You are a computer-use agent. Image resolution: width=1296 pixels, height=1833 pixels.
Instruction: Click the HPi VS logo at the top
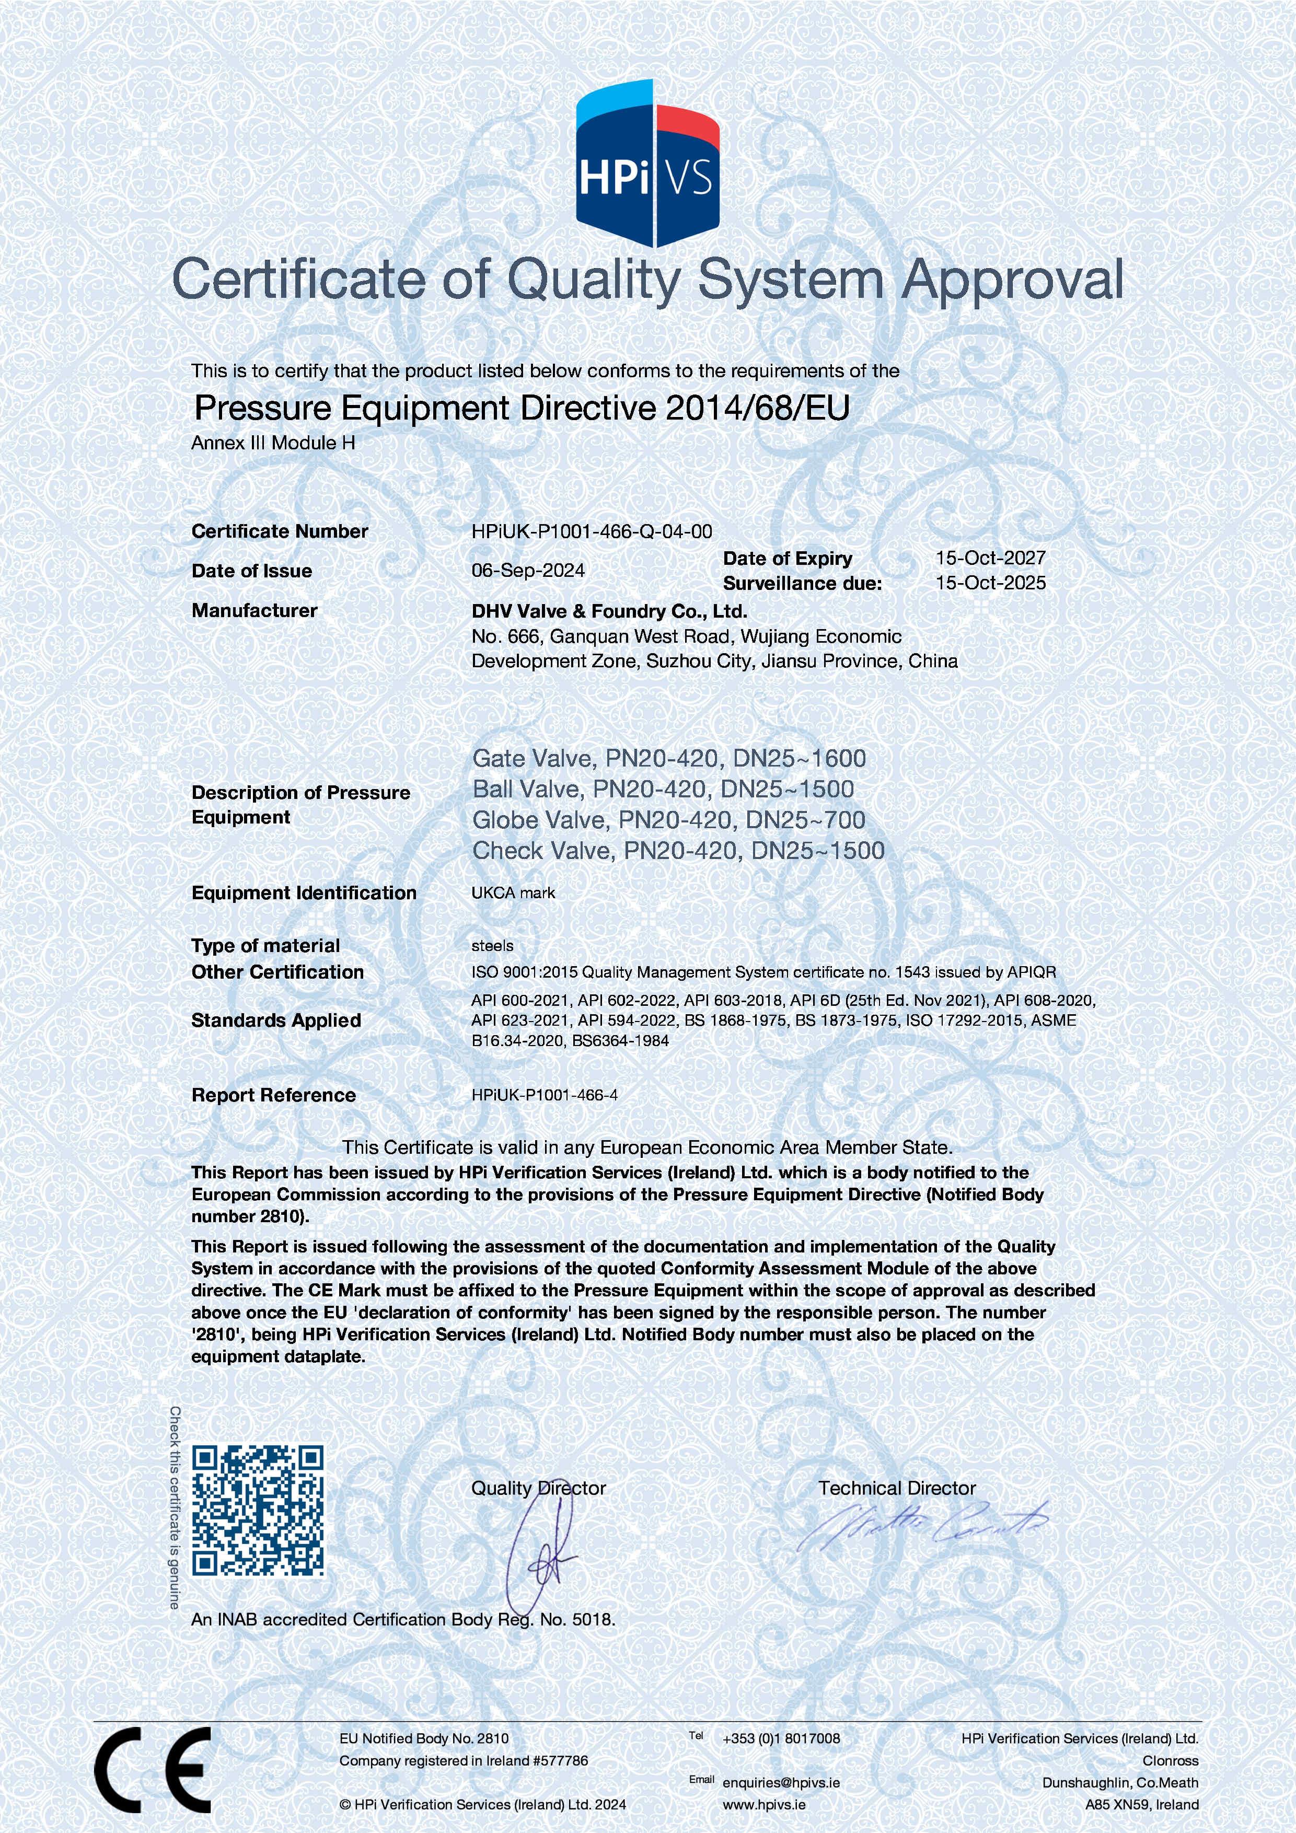coord(647,164)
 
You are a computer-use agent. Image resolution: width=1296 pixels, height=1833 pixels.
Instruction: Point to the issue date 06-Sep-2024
coord(528,571)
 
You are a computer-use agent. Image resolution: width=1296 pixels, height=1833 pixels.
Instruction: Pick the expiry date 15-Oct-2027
coord(990,558)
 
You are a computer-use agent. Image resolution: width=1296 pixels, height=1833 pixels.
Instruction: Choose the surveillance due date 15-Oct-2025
coord(990,583)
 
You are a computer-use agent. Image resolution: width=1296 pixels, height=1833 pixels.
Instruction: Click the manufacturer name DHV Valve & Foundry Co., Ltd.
coord(609,611)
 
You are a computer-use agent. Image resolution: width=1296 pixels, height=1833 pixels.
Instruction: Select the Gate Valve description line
coord(669,758)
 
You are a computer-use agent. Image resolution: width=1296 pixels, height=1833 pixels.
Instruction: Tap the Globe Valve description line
coord(669,820)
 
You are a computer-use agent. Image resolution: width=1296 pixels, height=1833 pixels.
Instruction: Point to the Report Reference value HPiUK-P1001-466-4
coord(545,1095)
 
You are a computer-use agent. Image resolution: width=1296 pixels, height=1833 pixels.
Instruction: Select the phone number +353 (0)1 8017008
coord(781,1738)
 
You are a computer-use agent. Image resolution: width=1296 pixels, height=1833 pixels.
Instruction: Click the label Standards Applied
coord(276,1020)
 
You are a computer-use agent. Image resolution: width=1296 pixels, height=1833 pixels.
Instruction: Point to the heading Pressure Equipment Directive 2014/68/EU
coord(522,408)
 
